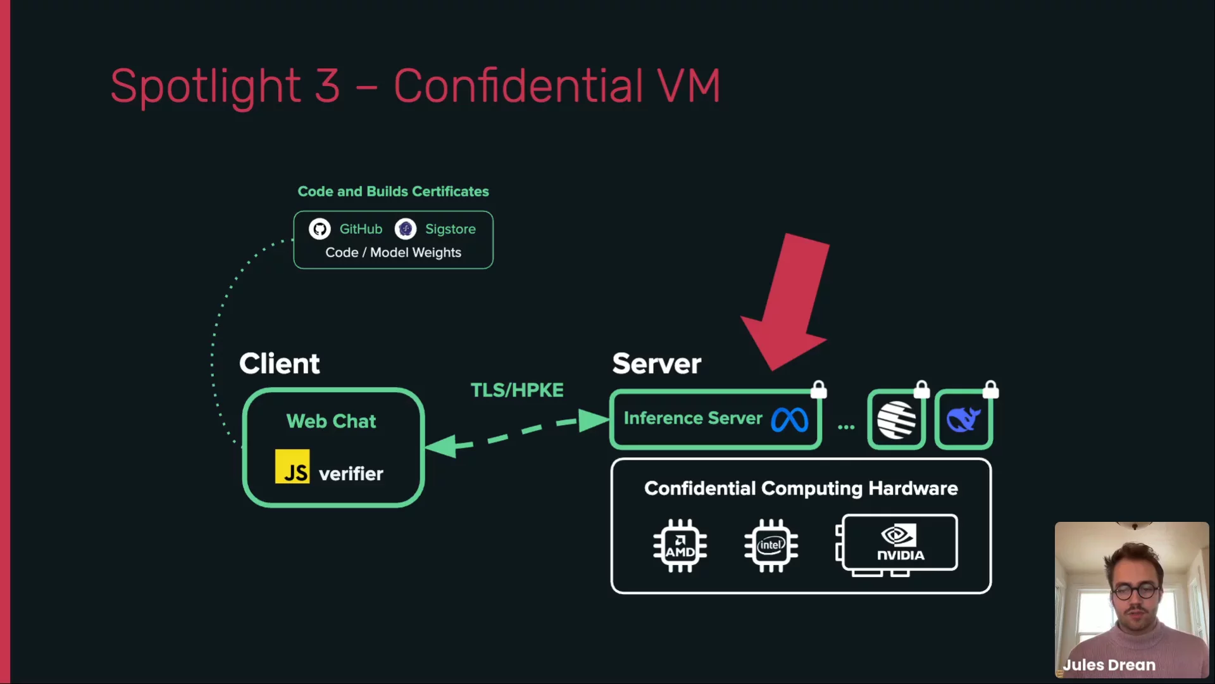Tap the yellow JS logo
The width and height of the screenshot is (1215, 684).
(x=292, y=467)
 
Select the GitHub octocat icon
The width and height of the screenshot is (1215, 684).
(x=320, y=229)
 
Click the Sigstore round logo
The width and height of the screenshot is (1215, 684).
(x=406, y=229)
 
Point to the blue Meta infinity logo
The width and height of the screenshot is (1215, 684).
(x=790, y=419)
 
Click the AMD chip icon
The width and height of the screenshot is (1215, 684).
(x=680, y=546)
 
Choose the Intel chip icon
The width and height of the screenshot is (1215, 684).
(x=771, y=546)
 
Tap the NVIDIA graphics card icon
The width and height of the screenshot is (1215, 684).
(x=899, y=543)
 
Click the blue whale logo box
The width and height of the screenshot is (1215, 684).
(x=963, y=419)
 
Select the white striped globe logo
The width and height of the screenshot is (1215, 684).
(x=896, y=419)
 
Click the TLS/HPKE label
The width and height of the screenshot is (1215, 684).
(x=517, y=390)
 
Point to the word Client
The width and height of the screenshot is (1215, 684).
(x=279, y=364)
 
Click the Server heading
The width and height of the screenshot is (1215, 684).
(x=656, y=364)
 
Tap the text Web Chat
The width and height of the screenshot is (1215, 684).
(x=331, y=421)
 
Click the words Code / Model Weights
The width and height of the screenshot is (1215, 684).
(x=393, y=253)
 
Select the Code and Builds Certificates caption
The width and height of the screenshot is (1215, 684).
(x=393, y=191)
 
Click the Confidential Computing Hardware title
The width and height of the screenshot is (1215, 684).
(x=801, y=488)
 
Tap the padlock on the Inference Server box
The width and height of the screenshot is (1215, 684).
(x=818, y=389)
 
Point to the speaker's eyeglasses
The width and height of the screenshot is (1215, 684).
(x=1137, y=592)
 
